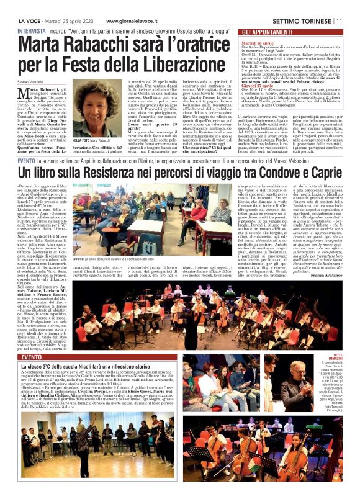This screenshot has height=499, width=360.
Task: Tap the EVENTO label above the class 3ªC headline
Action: pyautogui.click(x=31, y=358)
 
